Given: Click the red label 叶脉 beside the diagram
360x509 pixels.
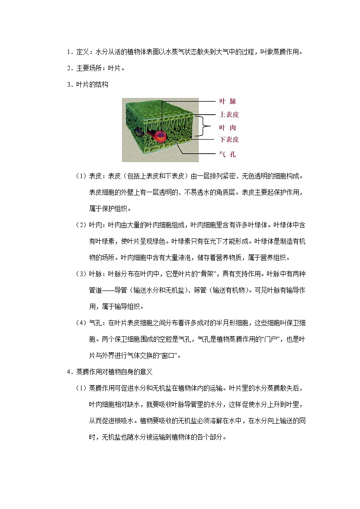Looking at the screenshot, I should (228, 102).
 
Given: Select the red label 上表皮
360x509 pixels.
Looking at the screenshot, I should (229, 115).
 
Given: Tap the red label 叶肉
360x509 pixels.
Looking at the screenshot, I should (228, 128).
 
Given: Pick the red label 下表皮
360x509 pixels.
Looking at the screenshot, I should (229, 139).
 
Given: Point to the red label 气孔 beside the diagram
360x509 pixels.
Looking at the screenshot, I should (228, 155).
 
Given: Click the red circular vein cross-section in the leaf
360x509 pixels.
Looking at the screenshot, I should (160, 136).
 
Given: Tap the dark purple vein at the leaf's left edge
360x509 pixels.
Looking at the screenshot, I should (138, 131).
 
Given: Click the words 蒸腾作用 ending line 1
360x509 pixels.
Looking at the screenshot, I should (287, 52).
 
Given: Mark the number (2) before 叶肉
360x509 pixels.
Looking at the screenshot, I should (81, 225).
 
